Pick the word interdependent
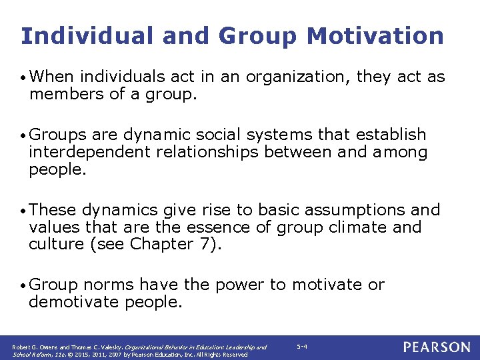pyautogui.click(x=89, y=153)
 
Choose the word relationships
pyautogui.click(x=207, y=153)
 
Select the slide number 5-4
pyautogui.click(x=301, y=347)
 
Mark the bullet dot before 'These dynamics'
pyautogui.click(x=23, y=211)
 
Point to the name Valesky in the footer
pyautogui.click(x=91, y=347)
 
